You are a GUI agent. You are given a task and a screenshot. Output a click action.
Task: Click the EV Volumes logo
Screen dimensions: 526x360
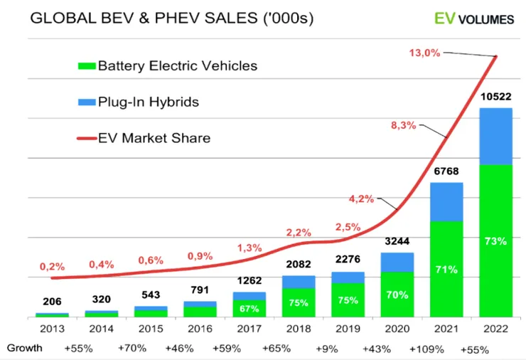coord(474,18)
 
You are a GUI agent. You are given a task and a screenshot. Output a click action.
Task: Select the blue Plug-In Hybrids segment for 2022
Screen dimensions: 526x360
coord(496,137)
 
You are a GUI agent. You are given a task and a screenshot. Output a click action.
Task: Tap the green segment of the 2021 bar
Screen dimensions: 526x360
coord(446,269)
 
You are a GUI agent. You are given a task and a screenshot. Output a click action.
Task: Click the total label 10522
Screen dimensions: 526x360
coord(496,97)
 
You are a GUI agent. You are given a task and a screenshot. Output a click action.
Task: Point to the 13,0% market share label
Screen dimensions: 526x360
coord(424,53)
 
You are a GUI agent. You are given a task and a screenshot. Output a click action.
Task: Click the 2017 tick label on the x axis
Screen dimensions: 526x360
coord(249,329)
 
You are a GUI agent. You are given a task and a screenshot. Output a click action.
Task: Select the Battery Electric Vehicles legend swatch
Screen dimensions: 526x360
coord(87,66)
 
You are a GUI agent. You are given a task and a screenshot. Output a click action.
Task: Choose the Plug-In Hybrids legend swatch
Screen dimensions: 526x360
coord(87,102)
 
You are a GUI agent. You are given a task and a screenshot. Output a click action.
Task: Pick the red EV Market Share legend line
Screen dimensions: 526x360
coord(87,138)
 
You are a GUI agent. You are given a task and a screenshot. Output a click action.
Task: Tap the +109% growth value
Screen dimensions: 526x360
coord(426,349)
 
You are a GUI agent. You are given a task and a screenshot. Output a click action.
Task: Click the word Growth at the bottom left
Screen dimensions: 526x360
coord(24,348)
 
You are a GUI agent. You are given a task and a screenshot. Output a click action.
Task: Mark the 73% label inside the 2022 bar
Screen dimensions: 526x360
coord(496,241)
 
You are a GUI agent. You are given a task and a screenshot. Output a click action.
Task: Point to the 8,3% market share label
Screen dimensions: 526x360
coord(404,126)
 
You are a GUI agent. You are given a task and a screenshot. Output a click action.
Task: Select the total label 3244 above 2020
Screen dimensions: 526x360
coord(397,241)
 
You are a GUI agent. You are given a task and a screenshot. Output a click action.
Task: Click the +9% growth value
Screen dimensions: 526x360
coord(326,349)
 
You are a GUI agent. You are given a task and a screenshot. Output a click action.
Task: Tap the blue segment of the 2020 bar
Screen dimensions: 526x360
coord(397,263)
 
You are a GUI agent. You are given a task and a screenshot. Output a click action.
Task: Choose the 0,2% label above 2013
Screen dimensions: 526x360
coord(52,267)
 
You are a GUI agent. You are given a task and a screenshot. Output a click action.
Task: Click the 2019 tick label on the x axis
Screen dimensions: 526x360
coord(348,329)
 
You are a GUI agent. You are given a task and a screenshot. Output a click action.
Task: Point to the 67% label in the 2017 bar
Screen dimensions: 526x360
coord(249,309)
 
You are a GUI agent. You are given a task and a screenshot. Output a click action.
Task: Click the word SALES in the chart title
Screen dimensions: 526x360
coord(231,18)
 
